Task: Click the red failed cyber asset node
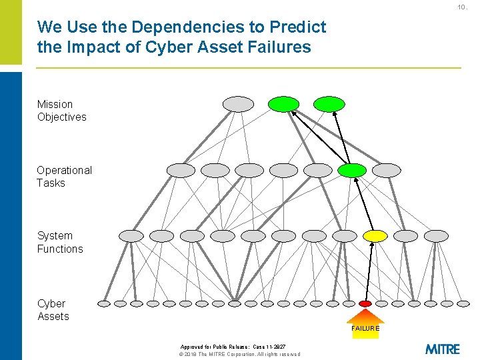pyautogui.click(x=365, y=303)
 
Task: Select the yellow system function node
pyautogui.click(x=375, y=235)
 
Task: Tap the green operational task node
pyautogui.click(x=351, y=170)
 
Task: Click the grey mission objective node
pyautogui.click(x=238, y=104)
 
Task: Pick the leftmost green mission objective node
pyautogui.click(x=284, y=104)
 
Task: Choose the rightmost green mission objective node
pyautogui.click(x=329, y=104)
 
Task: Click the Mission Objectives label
pyautogui.click(x=61, y=111)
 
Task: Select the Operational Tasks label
pyautogui.click(x=64, y=177)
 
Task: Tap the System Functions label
pyautogui.click(x=60, y=242)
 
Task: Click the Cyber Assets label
pyautogui.click(x=53, y=310)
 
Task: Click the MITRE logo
pyautogui.click(x=442, y=349)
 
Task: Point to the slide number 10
pyautogui.click(x=461, y=7)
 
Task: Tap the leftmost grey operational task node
pyautogui.click(x=181, y=170)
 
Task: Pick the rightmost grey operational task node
pyautogui.click(x=387, y=170)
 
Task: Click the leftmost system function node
pyautogui.click(x=131, y=235)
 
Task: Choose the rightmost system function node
pyautogui.click(x=437, y=235)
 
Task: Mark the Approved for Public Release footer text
pyautogui.click(x=233, y=347)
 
